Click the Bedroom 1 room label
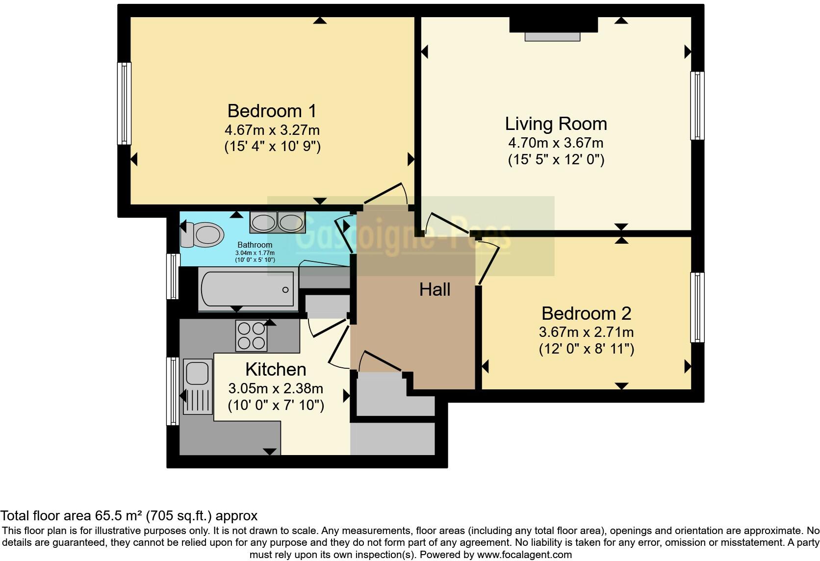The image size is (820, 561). pos(272,111)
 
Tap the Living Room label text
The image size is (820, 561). pos(556,124)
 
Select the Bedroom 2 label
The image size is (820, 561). pos(586,313)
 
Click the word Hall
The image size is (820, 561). pos(435,289)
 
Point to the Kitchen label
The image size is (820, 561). pos(276,369)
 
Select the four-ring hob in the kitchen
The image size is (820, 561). pos(252,335)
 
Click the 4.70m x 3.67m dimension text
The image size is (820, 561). pos(556,143)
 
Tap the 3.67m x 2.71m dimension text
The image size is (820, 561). pos(586,332)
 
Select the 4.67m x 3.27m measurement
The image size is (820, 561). pos(272,130)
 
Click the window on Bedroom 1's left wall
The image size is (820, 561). pos(125,103)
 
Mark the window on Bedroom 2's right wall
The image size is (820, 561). pos(697,307)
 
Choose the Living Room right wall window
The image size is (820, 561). pos(697,105)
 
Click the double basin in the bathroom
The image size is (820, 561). pos(278,222)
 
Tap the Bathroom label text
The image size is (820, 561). pos(255,245)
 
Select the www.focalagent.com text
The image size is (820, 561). pos(524,555)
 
